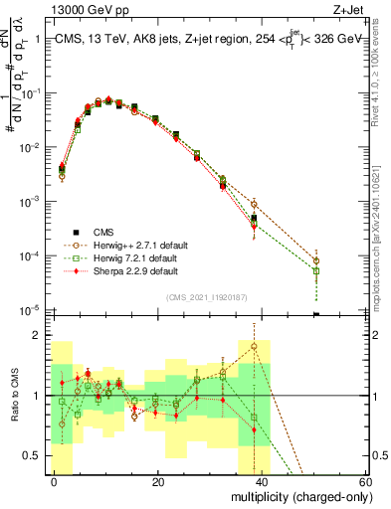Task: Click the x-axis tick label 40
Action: [262, 483]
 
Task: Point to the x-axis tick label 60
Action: [364, 483]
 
